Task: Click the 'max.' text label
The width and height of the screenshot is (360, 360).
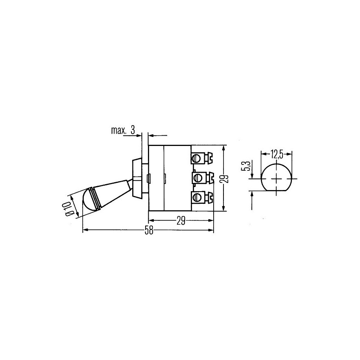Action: click(119, 131)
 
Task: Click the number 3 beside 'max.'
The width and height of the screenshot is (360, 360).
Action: click(133, 130)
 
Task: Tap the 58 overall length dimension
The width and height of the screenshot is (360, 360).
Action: click(149, 230)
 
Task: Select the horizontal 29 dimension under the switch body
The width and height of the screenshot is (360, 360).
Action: click(181, 221)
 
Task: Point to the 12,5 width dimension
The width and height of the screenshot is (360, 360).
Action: click(277, 154)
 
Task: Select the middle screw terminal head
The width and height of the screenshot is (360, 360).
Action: click(197, 177)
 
